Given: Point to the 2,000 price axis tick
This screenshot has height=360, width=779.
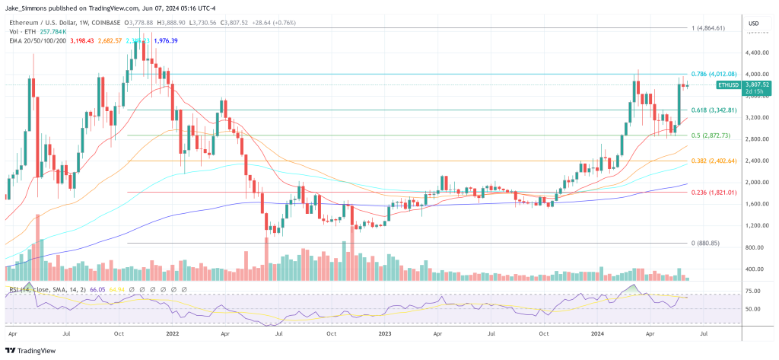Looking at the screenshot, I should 755,183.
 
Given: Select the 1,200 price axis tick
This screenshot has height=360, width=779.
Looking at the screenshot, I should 755,226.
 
